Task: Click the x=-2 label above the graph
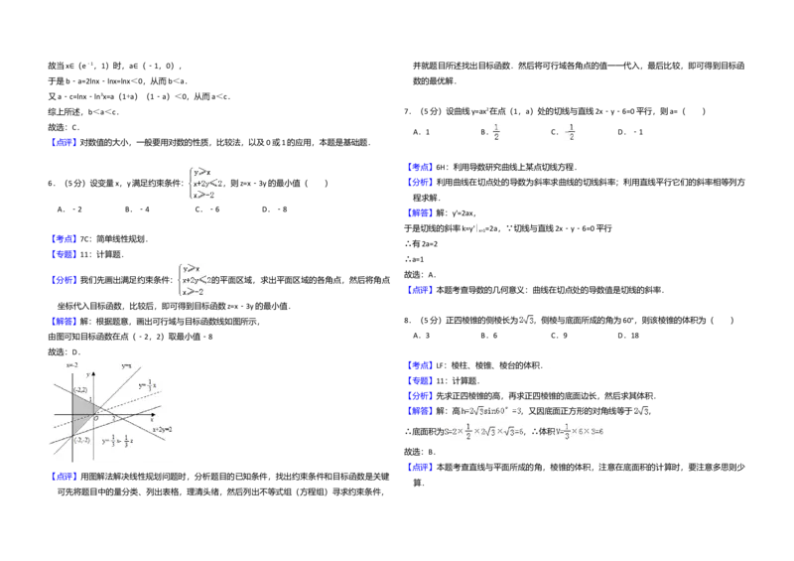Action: tap(71, 365)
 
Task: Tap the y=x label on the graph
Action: tap(126, 365)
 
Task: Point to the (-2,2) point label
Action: tap(81, 389)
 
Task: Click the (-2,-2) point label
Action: tap(81, 439)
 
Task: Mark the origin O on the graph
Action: tap(95, 418)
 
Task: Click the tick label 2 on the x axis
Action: tap(113, 419)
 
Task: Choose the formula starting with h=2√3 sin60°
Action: tap(488, 411)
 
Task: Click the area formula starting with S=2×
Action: tap(480, 433)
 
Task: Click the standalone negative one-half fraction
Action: tap(568, 131)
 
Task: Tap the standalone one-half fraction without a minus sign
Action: tap(496, 131)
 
